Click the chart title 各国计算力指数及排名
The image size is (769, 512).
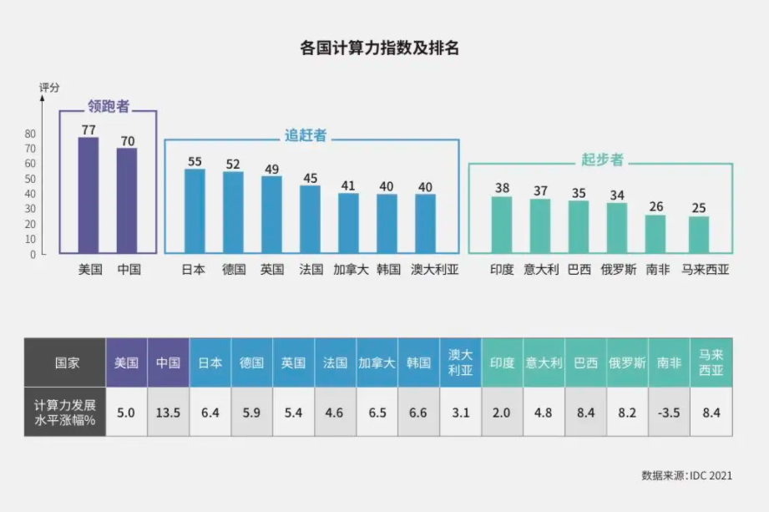tap(379, 48)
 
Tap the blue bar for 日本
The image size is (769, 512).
tap(194, 210)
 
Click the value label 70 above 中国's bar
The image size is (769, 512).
tap(127, 141)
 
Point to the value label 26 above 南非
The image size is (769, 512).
tap(655, 207)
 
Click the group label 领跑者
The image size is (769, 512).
tap(109, 107)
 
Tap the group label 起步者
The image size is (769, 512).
tap(602, 160)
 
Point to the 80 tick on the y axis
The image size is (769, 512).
tap(30, 134)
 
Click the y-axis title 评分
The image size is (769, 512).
tap(49, 88)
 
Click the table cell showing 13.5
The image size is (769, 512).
tap(169, 411)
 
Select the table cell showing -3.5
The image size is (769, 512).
tap(669, 411)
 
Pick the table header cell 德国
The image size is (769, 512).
tap(251, 363)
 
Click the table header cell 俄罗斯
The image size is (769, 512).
tap(627, 363)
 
